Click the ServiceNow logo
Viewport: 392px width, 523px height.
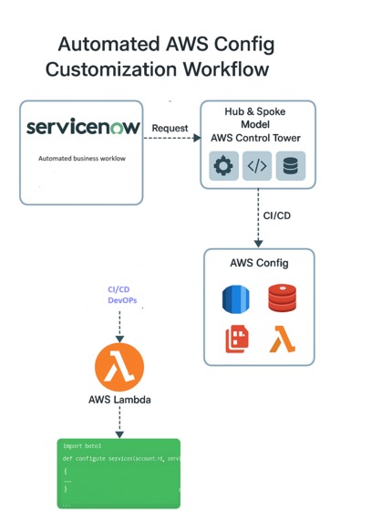coord(83,128)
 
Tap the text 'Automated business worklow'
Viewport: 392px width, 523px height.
coord(82,158)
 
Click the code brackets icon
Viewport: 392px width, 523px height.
coord(257,166)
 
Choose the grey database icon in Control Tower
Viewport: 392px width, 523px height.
coord(291,166)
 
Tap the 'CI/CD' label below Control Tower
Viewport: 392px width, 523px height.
coord(277,217)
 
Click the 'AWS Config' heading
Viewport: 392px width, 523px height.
coord(259,263)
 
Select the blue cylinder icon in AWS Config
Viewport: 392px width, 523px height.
coord(236,298)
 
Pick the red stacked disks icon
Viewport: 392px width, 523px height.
coord(282,298)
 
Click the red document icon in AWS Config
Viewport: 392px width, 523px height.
coord(237,339)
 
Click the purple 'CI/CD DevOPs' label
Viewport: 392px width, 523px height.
coord(119,295)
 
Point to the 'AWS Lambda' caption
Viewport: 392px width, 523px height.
coord(119,401)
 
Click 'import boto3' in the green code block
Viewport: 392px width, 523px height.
coord(81,446)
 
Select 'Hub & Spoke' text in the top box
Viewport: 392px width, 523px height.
coord(255,111)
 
